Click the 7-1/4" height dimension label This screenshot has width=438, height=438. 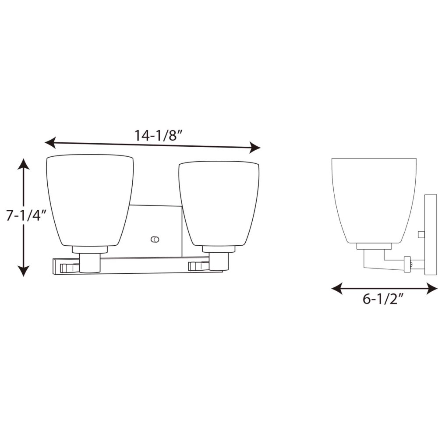(x=26, y=215)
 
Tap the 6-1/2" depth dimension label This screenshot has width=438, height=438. (x=384, y=299)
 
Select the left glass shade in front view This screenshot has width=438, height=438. (x=90, y=200)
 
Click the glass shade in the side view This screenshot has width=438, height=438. (x=374, y=201)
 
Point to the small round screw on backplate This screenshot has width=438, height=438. (x=155, y=240)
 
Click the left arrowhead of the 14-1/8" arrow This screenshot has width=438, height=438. (x=50, y=142)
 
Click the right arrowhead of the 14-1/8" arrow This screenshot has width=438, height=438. (x=255, y=148)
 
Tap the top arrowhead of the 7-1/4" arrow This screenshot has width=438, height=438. (x=24, y=164)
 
